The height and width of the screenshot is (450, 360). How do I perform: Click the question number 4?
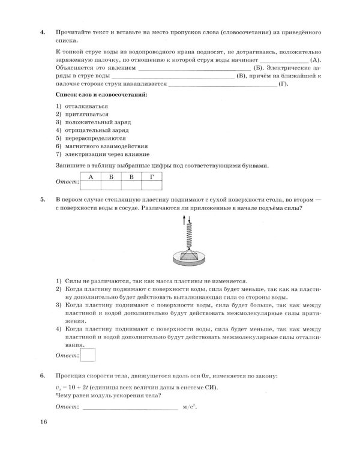(x=42, y=30)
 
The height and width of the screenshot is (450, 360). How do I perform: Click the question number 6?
(x=42, y=376)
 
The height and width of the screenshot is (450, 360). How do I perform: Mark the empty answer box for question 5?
(x=88, y=355)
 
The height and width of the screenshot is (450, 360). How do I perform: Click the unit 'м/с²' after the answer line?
(x=189, y=407)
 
